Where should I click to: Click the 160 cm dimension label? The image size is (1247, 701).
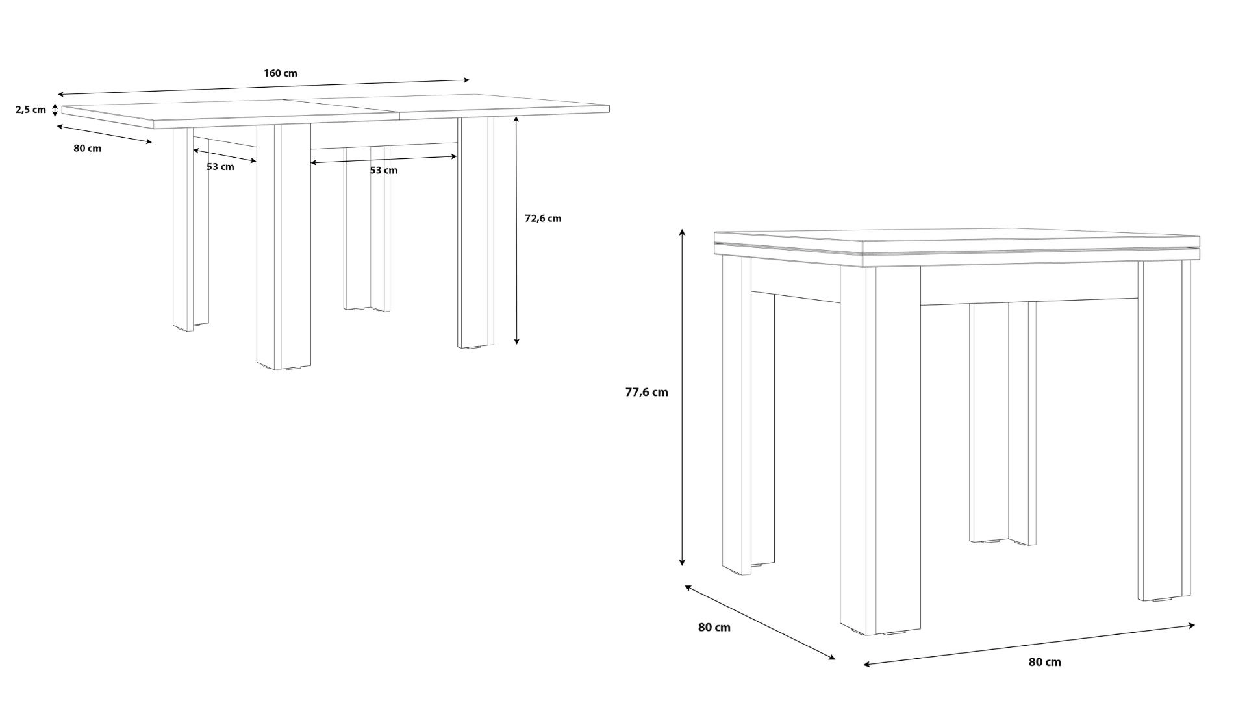coord(281,73)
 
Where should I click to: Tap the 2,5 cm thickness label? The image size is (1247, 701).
coord(31,110)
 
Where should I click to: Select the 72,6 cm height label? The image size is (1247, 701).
coord(543,218)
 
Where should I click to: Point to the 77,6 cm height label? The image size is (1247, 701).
coord(646,392)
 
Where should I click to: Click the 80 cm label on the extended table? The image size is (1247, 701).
coord(87,148)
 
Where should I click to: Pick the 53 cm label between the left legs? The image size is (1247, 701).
coord(220,167)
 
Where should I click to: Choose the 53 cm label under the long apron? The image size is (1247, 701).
coord(383,170)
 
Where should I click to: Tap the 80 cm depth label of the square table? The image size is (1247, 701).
coord(714,627)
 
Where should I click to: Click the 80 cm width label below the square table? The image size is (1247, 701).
coord(1044,662)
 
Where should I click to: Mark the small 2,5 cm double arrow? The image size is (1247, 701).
coord(55,110)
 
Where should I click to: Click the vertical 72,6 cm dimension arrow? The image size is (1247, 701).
coord(517,230)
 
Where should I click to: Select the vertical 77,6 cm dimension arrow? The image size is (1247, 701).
coord(682,397)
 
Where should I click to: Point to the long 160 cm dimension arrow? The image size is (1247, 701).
coord(263,88)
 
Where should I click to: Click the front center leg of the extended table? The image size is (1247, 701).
coord(283,247)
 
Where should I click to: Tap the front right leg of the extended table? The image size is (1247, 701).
coord(475,232)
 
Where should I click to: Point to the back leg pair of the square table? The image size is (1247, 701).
coord(1003,423)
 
